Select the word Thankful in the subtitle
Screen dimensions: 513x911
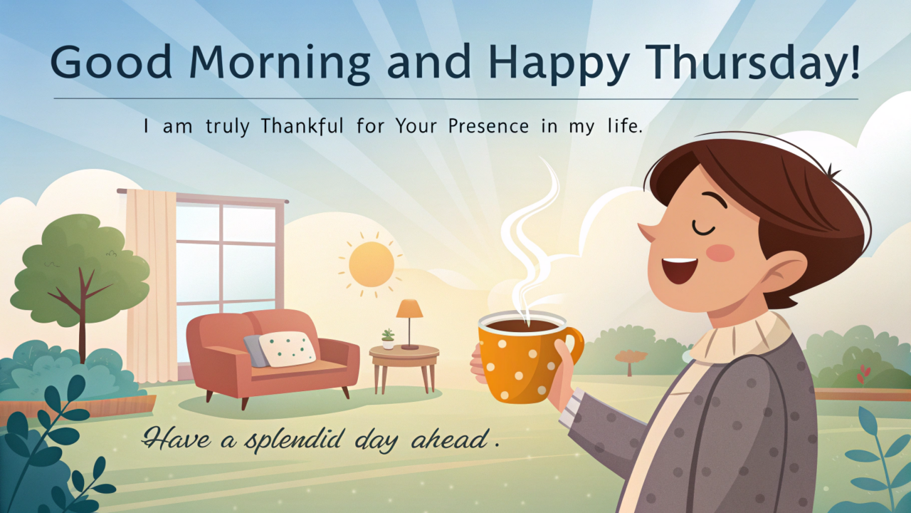[302, 128]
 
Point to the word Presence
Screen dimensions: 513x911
[489, 128]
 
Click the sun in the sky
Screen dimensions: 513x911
[371, 264]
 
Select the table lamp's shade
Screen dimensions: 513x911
[409, 309]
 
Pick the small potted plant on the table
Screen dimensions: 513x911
[388, 339]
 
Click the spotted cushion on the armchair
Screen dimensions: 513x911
[287, 348]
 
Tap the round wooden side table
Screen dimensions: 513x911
[404, 353]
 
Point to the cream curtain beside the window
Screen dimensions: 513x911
[150, 285]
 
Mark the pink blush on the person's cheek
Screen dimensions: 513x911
[720, 253]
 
